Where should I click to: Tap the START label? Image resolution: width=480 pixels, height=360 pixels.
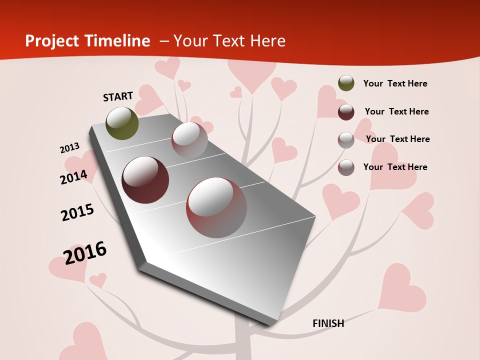point(118,96)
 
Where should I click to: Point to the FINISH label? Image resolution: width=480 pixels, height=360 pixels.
point(328,323)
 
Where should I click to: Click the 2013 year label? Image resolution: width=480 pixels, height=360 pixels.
point(69,148)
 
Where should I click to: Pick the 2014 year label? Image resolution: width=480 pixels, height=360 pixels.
point(73,177)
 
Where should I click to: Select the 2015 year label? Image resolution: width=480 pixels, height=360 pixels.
point(77,212)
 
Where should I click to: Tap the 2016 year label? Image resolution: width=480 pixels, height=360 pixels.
point(85,253)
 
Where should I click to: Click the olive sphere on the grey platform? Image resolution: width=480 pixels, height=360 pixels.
point(122,123)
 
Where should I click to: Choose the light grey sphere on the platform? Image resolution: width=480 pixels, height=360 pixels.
point(189,140)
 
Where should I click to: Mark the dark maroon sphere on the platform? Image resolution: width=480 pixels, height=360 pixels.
point(145,180)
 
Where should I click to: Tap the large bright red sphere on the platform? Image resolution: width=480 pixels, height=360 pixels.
point(216,207)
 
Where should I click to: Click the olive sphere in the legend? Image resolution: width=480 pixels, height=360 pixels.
point(346,83)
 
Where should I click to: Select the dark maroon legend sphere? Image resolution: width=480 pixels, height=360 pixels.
point(346,112)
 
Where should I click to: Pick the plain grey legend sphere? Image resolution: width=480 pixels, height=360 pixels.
point(346,140)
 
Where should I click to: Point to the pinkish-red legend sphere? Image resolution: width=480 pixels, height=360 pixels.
point(346,167)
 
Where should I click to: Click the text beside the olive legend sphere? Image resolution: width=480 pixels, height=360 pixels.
point(395,83)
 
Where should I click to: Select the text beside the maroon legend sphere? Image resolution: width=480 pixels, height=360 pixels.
point(396,111)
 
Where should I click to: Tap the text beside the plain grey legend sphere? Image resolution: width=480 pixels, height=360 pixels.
point(397,139)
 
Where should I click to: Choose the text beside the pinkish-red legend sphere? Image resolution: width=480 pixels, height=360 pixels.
point(395,167)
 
